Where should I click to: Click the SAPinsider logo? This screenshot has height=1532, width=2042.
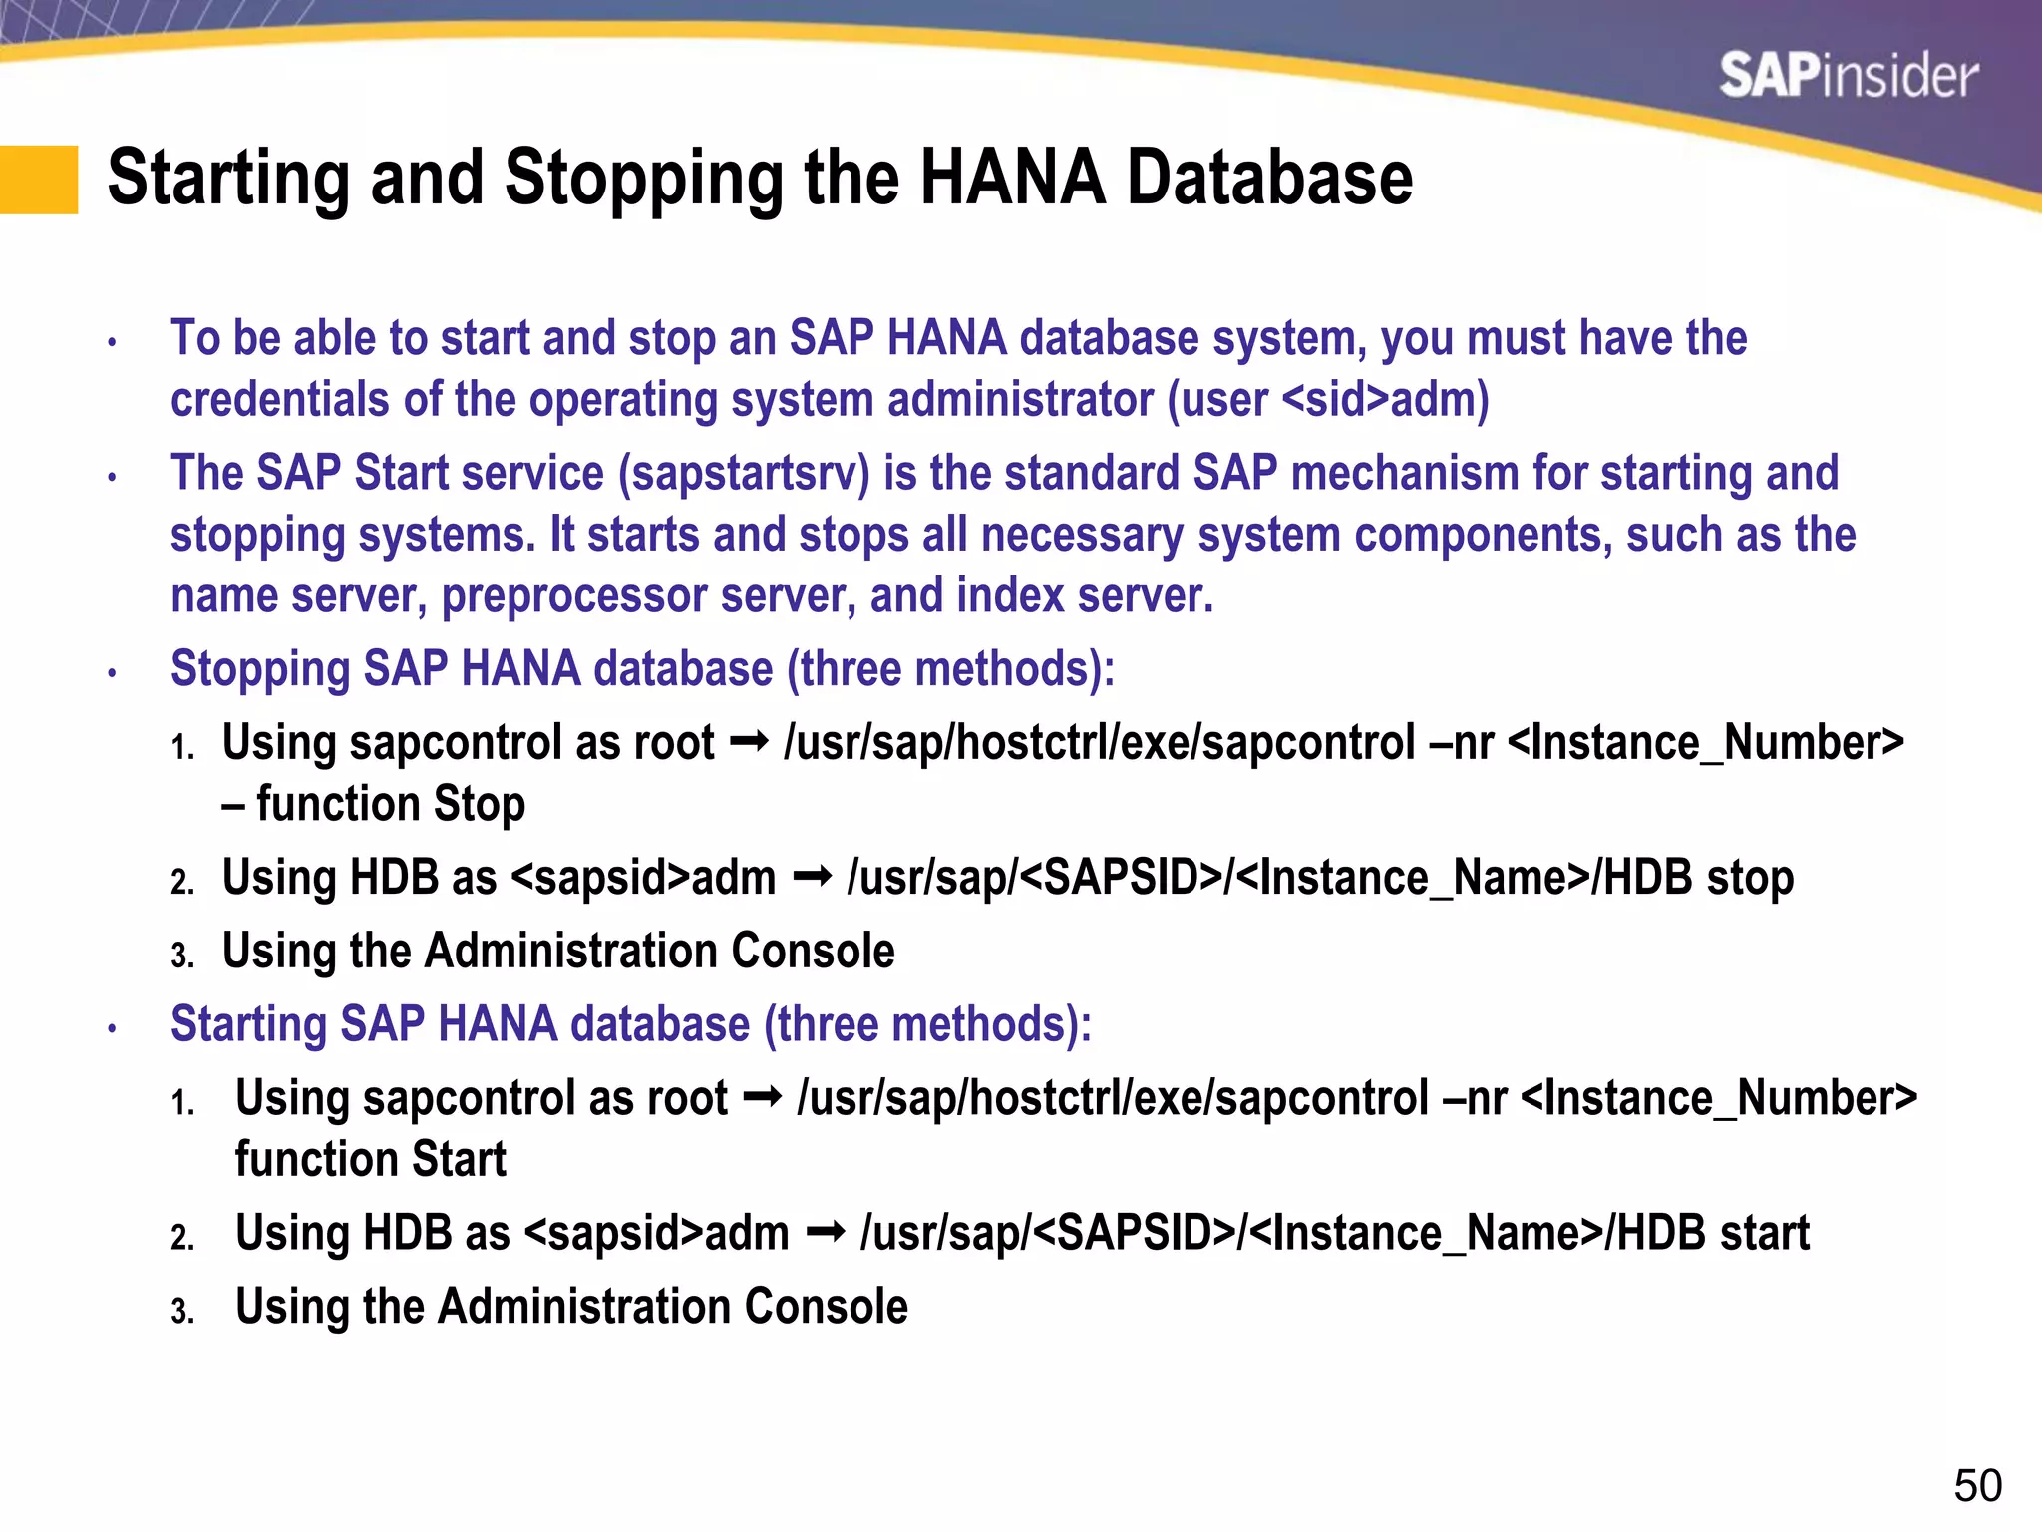tap(1848, 76)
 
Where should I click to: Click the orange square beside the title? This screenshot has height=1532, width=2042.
tap(39, 180)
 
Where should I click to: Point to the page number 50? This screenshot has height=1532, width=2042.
tap(1977, 1486)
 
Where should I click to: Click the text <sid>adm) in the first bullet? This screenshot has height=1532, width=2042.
tap(1385, 400)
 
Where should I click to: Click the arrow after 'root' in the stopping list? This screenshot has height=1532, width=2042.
tap(749, 742)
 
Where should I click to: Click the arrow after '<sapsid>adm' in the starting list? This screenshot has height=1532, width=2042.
tap(826, 1234)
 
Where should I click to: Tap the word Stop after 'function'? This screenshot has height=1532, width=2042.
tap(480, 804)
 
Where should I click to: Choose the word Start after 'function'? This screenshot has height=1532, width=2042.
tap(459, 1160)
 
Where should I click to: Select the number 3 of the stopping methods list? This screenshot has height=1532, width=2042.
tap(181, 956)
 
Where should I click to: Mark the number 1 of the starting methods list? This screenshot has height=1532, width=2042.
tap(181, 1103)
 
